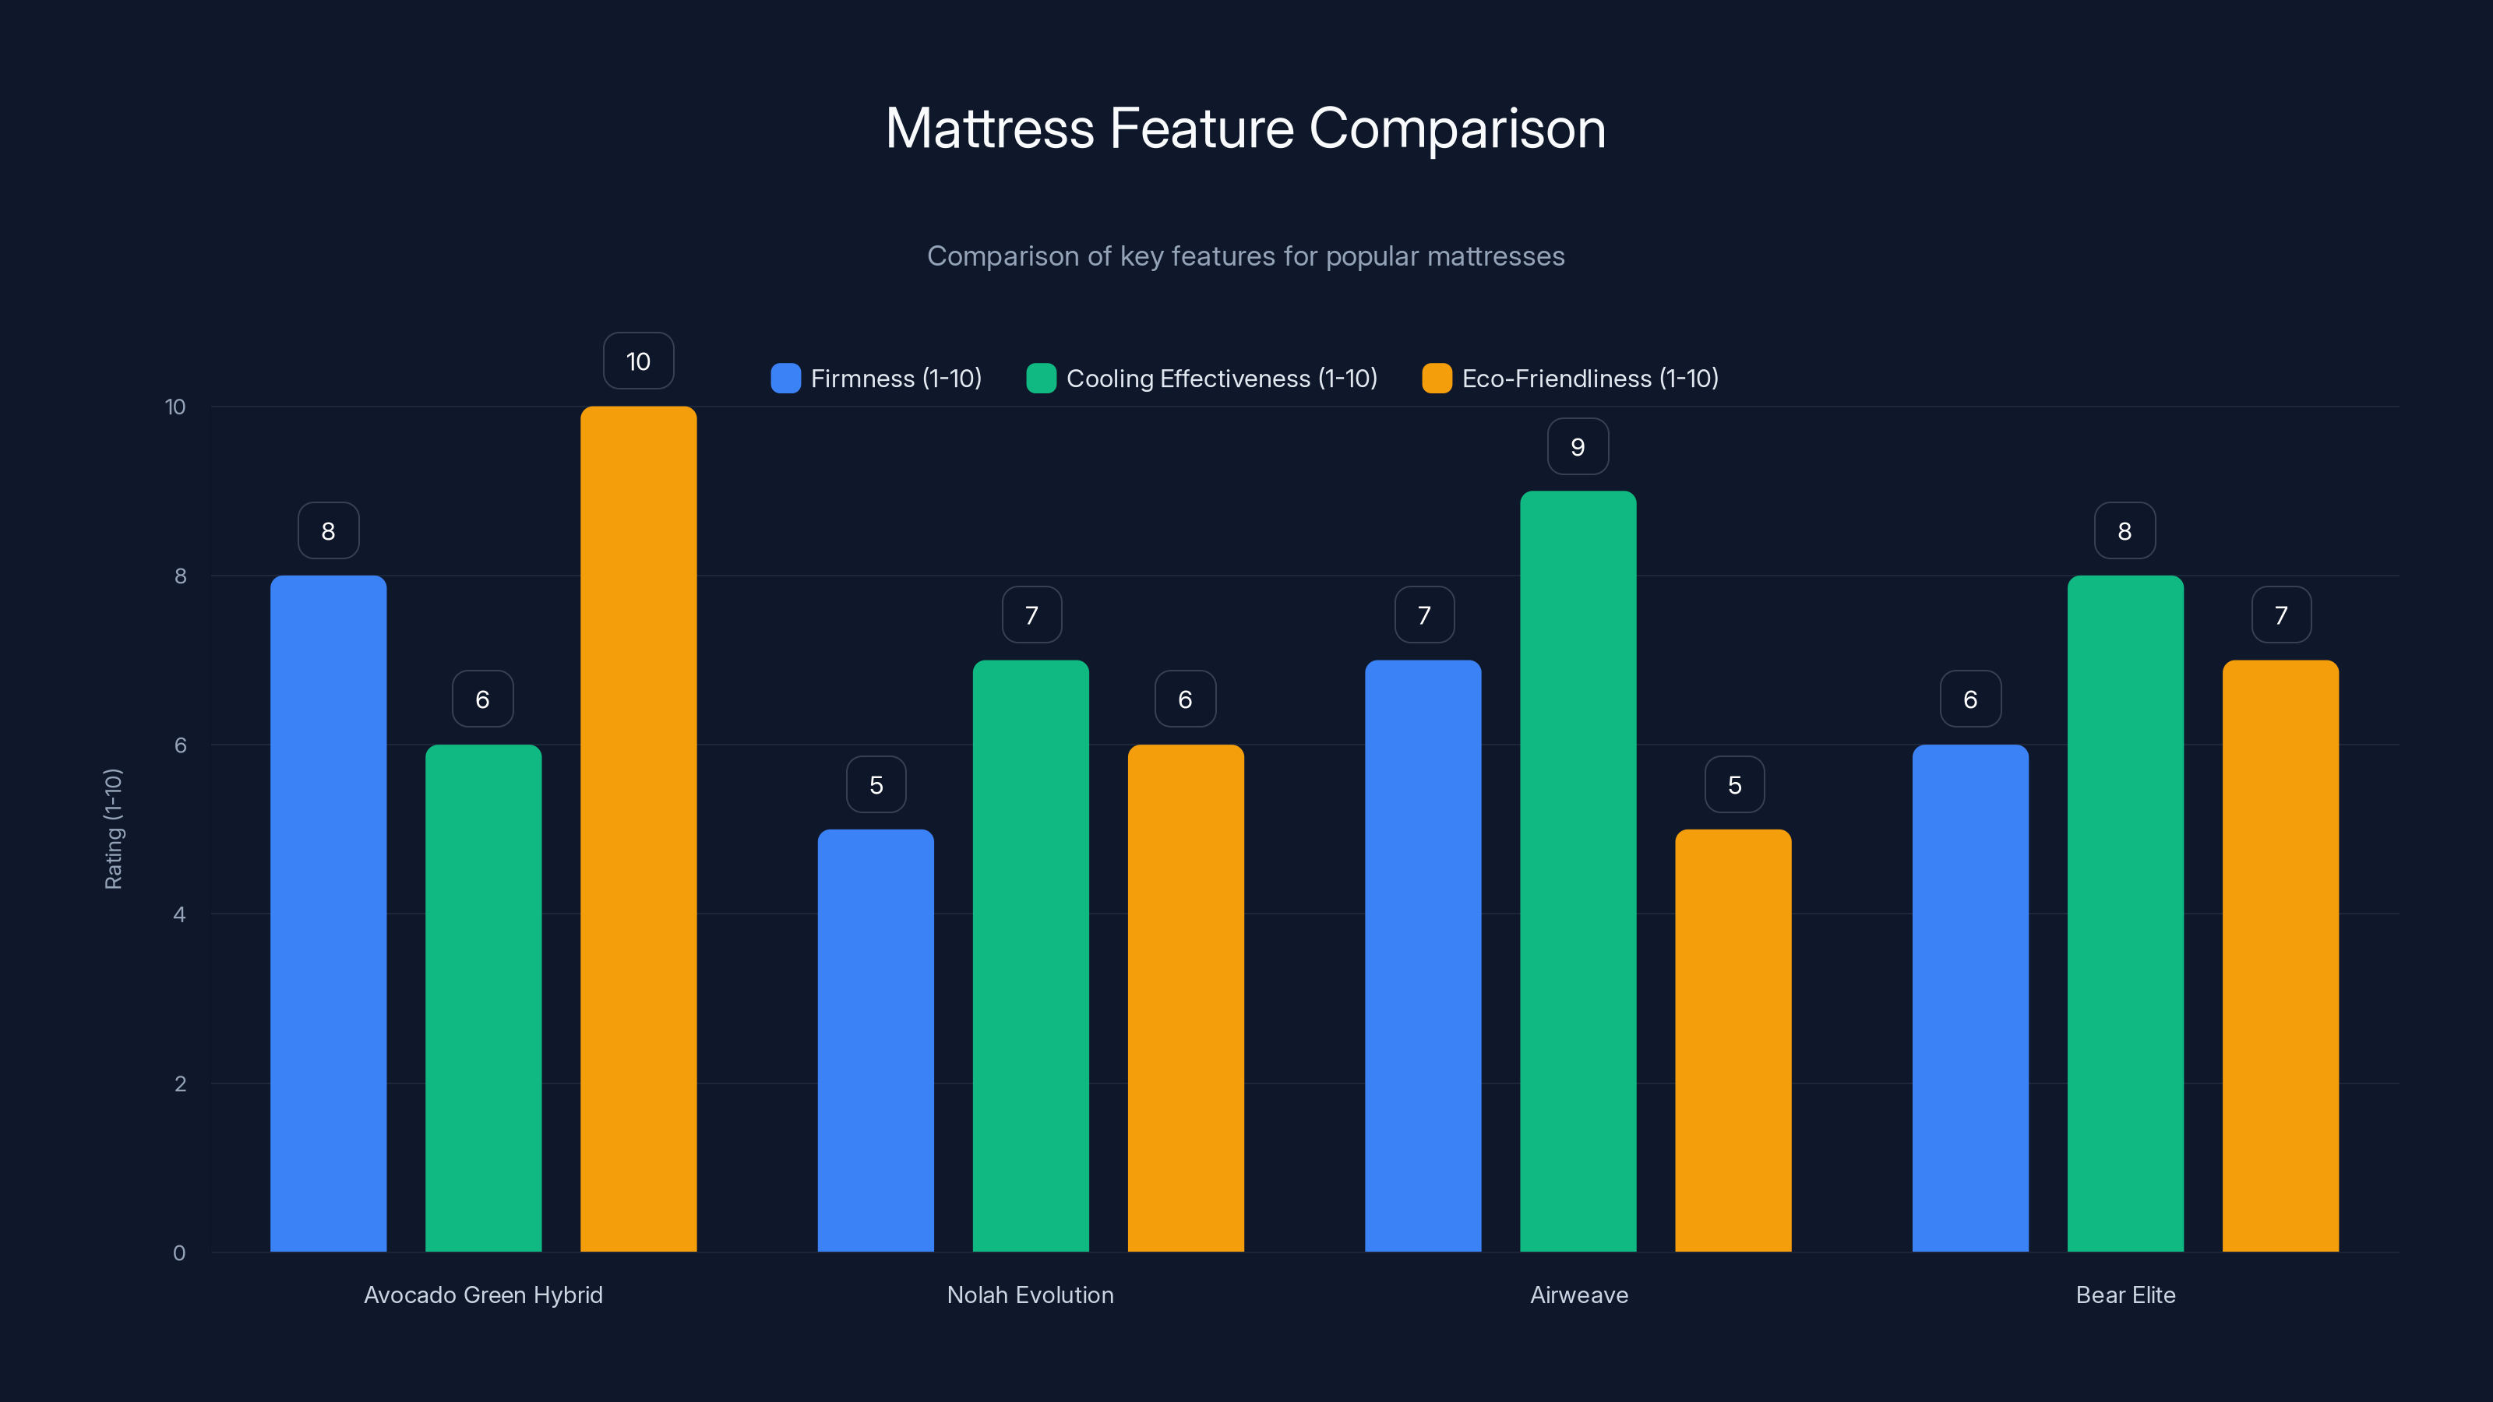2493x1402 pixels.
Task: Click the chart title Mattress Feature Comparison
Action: point(1246,129)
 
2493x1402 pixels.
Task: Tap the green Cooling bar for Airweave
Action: point(1578,871)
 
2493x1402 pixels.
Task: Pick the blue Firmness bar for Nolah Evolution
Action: point(875,1040)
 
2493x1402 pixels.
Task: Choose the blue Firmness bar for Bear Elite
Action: point(1969,998)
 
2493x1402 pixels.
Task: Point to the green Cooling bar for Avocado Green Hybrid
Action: point(483,998)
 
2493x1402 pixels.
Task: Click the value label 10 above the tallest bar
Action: point(638,361)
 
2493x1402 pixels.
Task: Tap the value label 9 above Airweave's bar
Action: point(1578,446)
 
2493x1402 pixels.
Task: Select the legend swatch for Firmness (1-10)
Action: point(785,379)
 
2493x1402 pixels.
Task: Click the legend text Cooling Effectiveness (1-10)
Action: point(1222,379)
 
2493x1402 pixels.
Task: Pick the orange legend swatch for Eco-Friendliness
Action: point(1436,379)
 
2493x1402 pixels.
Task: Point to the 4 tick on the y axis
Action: point(179,914)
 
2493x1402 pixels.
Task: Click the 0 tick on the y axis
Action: point(179,1253)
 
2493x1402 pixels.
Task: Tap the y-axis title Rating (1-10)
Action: point(113,828)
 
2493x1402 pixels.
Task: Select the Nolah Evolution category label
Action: point(1030,1295)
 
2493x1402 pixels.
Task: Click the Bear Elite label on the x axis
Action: point(2125,1295)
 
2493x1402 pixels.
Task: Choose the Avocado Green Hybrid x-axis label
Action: point(483,1295)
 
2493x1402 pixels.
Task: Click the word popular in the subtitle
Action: point(1369,256)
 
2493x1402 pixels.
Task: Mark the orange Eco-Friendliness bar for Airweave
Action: point(1733,1040)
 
